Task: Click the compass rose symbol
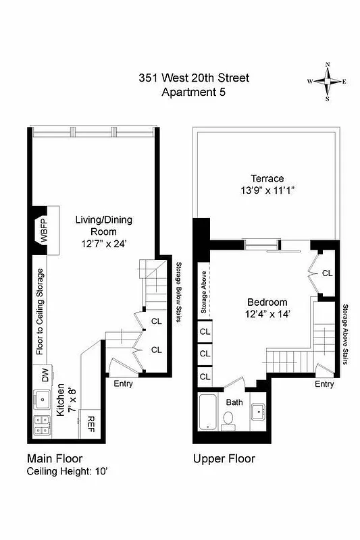pyautogui.click(x=328, y=81)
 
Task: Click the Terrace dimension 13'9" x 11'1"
pyautogui.click(x=267, y=191)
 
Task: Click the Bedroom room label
pyautogui.click(x=267, y=302)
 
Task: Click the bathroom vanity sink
pyautogui.click(x=259, y=412)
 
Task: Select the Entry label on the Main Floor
pyautogui.click(x=122, y=384)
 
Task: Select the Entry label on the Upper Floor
pyautogui.click(x=324, y=384)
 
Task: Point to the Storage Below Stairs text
pyautogui.click(x=178, y=292)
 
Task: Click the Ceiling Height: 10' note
pyautogui.click(x=68, y=470)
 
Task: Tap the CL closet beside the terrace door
pyautogui.click(x=327, y=273)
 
